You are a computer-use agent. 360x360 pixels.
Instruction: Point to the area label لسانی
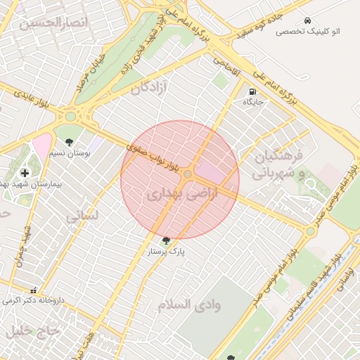click(x=82, y=217)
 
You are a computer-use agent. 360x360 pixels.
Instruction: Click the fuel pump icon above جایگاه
click(x=252, y=91)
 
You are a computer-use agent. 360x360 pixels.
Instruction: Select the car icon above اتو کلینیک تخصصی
click(x=307, y=20)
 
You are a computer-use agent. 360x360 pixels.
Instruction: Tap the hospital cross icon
click(x=25, y=172)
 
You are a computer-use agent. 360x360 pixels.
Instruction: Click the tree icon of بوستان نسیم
click(x=69, y=142)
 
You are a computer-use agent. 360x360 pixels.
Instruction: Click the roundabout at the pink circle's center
click(x=188, y=174)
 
